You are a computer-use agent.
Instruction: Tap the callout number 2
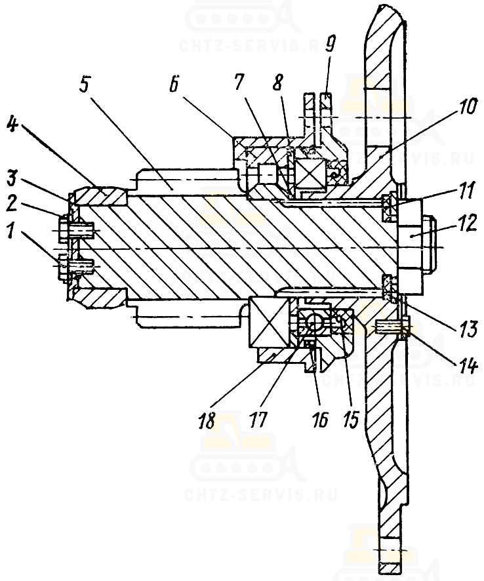12,204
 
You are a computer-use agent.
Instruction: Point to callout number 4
12,125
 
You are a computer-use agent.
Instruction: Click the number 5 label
85,86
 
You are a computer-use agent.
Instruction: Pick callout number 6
174,84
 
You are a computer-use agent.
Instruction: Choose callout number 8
278,82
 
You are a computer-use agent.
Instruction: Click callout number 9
330,43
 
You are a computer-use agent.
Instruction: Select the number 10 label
466,107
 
